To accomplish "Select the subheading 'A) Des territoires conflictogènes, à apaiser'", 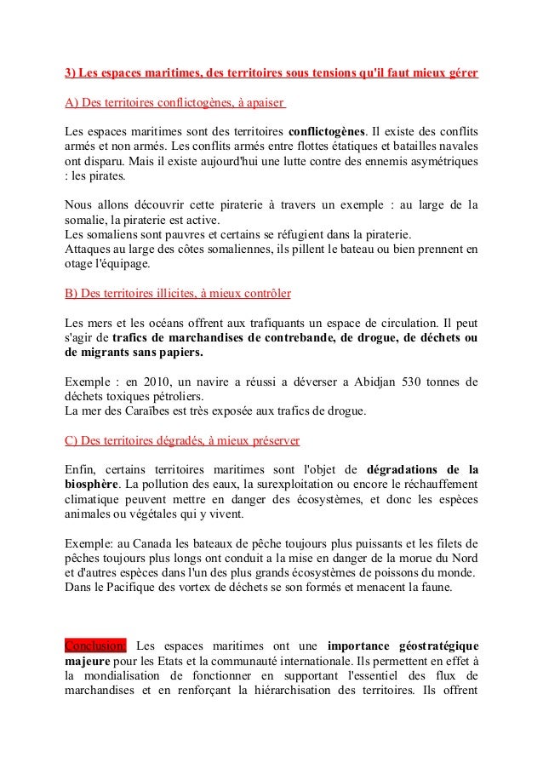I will (x=175, y=104).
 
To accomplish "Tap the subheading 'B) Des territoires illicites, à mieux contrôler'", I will (x=178, y=293).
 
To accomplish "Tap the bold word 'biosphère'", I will (x=91, y=485).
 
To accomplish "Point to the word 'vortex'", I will (x=190, y=587).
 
